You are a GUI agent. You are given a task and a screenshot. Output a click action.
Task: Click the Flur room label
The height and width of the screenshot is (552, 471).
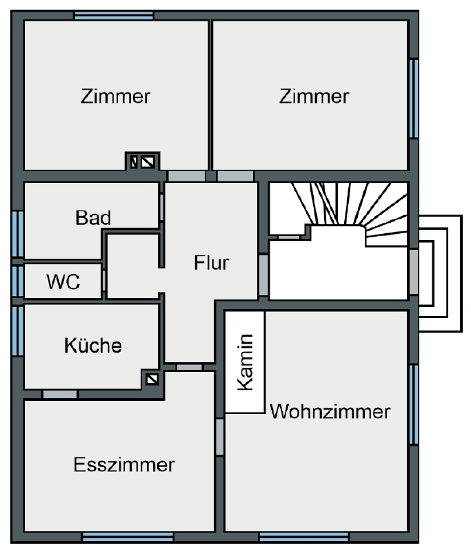point(212,263)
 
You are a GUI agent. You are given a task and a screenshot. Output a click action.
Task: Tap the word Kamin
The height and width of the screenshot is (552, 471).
point(245,362)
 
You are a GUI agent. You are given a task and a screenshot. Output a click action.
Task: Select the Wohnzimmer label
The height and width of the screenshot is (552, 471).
point(330,411)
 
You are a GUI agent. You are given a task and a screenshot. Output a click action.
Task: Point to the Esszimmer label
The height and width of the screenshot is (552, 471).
point(124,464)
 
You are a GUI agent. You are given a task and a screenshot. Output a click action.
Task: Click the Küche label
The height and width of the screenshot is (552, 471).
point(93,345)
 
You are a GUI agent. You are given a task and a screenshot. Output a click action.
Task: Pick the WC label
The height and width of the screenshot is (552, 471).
point(63,282)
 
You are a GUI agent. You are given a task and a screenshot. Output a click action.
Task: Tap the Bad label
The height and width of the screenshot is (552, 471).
point(93,217)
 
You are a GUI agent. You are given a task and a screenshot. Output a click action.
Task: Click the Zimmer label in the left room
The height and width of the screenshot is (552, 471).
point(115,96)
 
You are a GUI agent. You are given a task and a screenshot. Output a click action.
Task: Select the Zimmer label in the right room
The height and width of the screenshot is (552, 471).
point(314,96)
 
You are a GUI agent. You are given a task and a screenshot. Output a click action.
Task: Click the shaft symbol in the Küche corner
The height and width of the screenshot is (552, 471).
point(152,379)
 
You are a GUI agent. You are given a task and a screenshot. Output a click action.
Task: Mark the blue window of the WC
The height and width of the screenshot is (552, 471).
point(18,282)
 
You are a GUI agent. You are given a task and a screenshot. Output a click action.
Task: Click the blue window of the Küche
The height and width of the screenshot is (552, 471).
point(18,331)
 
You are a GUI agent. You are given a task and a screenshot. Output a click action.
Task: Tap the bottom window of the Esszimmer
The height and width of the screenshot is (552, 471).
point(128,538)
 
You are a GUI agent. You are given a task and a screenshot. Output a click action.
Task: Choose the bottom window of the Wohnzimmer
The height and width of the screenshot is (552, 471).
point(304,538)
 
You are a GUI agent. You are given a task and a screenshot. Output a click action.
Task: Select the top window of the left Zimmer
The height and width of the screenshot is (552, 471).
point(114,15)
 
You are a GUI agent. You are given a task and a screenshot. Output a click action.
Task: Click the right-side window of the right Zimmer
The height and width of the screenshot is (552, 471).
point(414,99)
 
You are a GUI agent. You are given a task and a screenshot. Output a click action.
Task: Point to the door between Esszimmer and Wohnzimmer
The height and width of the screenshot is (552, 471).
point(219,437)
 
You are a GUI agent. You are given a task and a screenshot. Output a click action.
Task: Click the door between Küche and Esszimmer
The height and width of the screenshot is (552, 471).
point(60,394)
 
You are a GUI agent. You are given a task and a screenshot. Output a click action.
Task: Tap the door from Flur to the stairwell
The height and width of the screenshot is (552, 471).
point(263,275)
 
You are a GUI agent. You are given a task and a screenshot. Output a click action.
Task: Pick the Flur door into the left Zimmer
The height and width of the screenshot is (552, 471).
point(186,176)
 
